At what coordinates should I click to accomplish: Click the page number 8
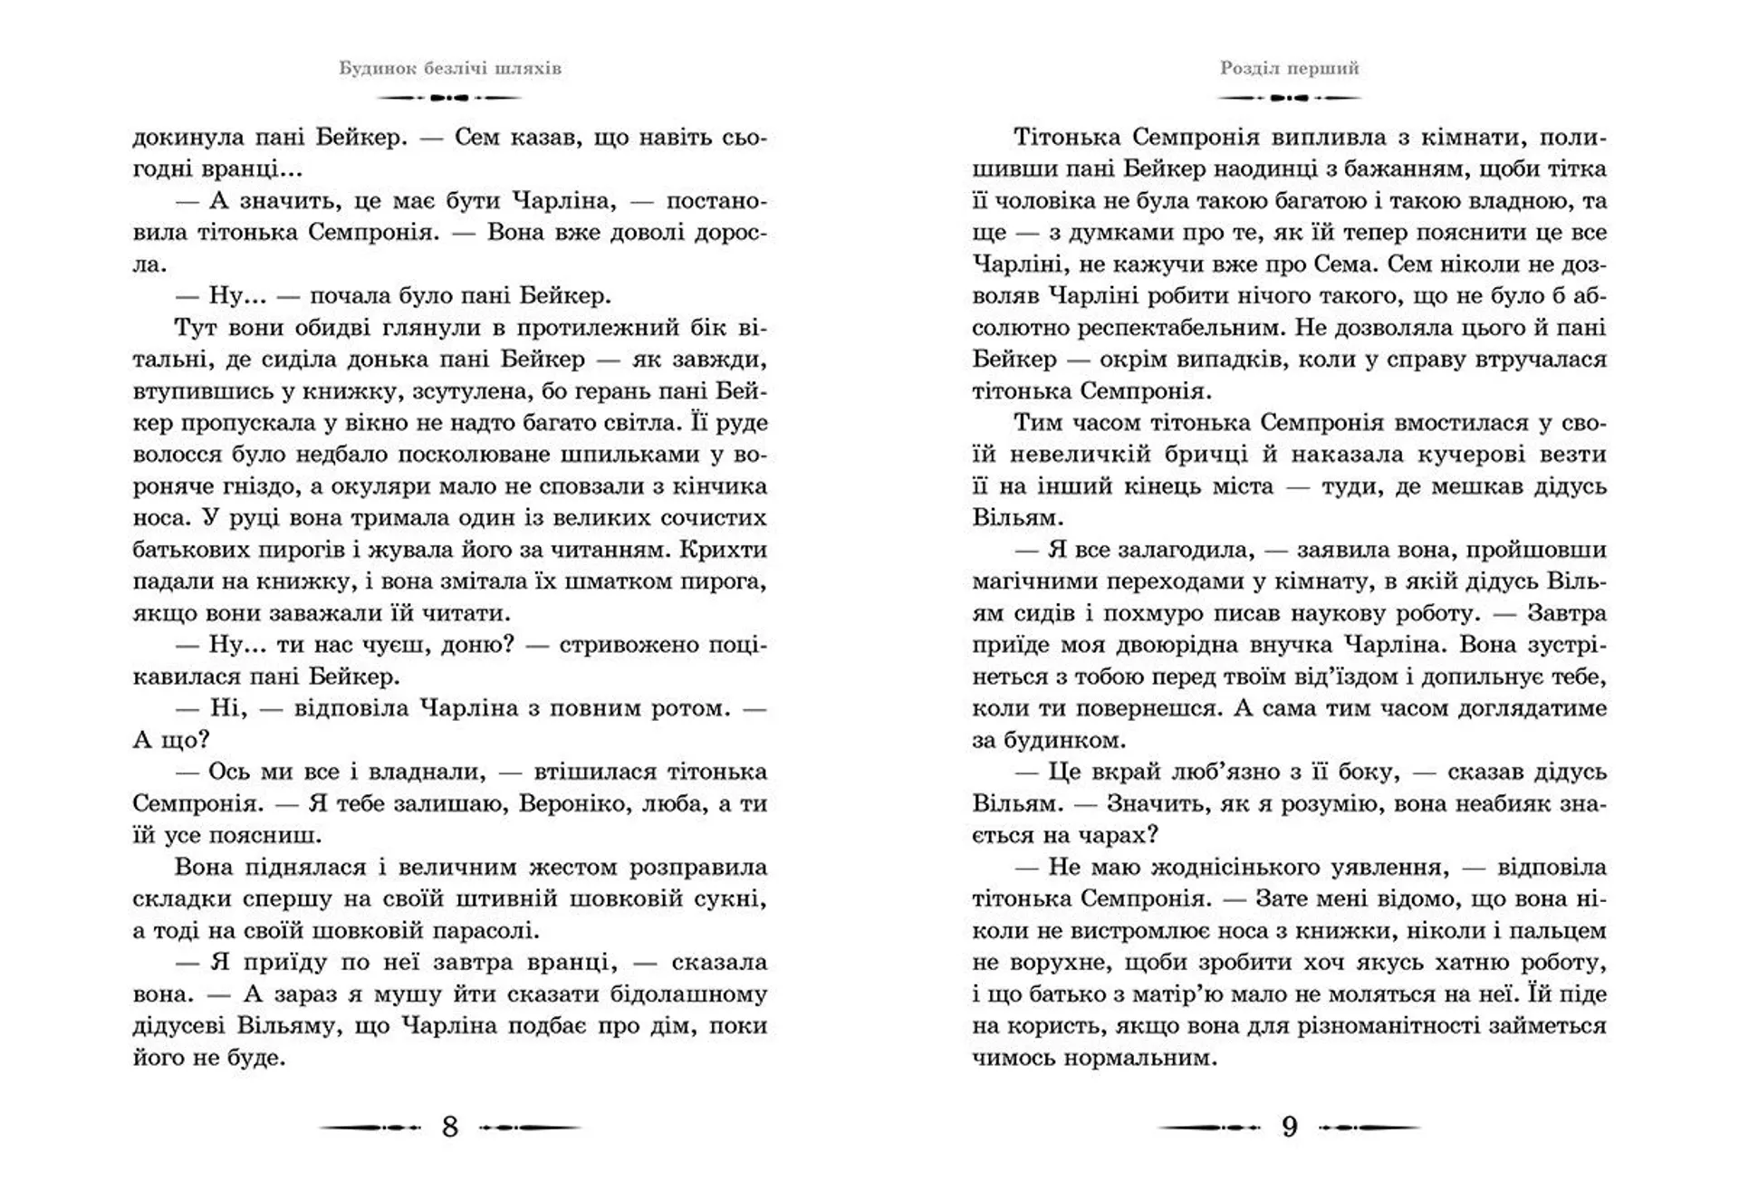tap(450, 1127)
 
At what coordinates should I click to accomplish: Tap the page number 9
tap(1290, 1127)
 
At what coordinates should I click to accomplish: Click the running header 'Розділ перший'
tap(1290, 69)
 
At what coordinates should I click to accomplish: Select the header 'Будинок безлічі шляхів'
tap(450, 69)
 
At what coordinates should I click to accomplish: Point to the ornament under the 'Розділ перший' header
tap(1290, 97)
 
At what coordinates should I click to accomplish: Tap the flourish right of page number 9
tap(1370, 1128)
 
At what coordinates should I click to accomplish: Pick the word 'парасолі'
tap(489, 931)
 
